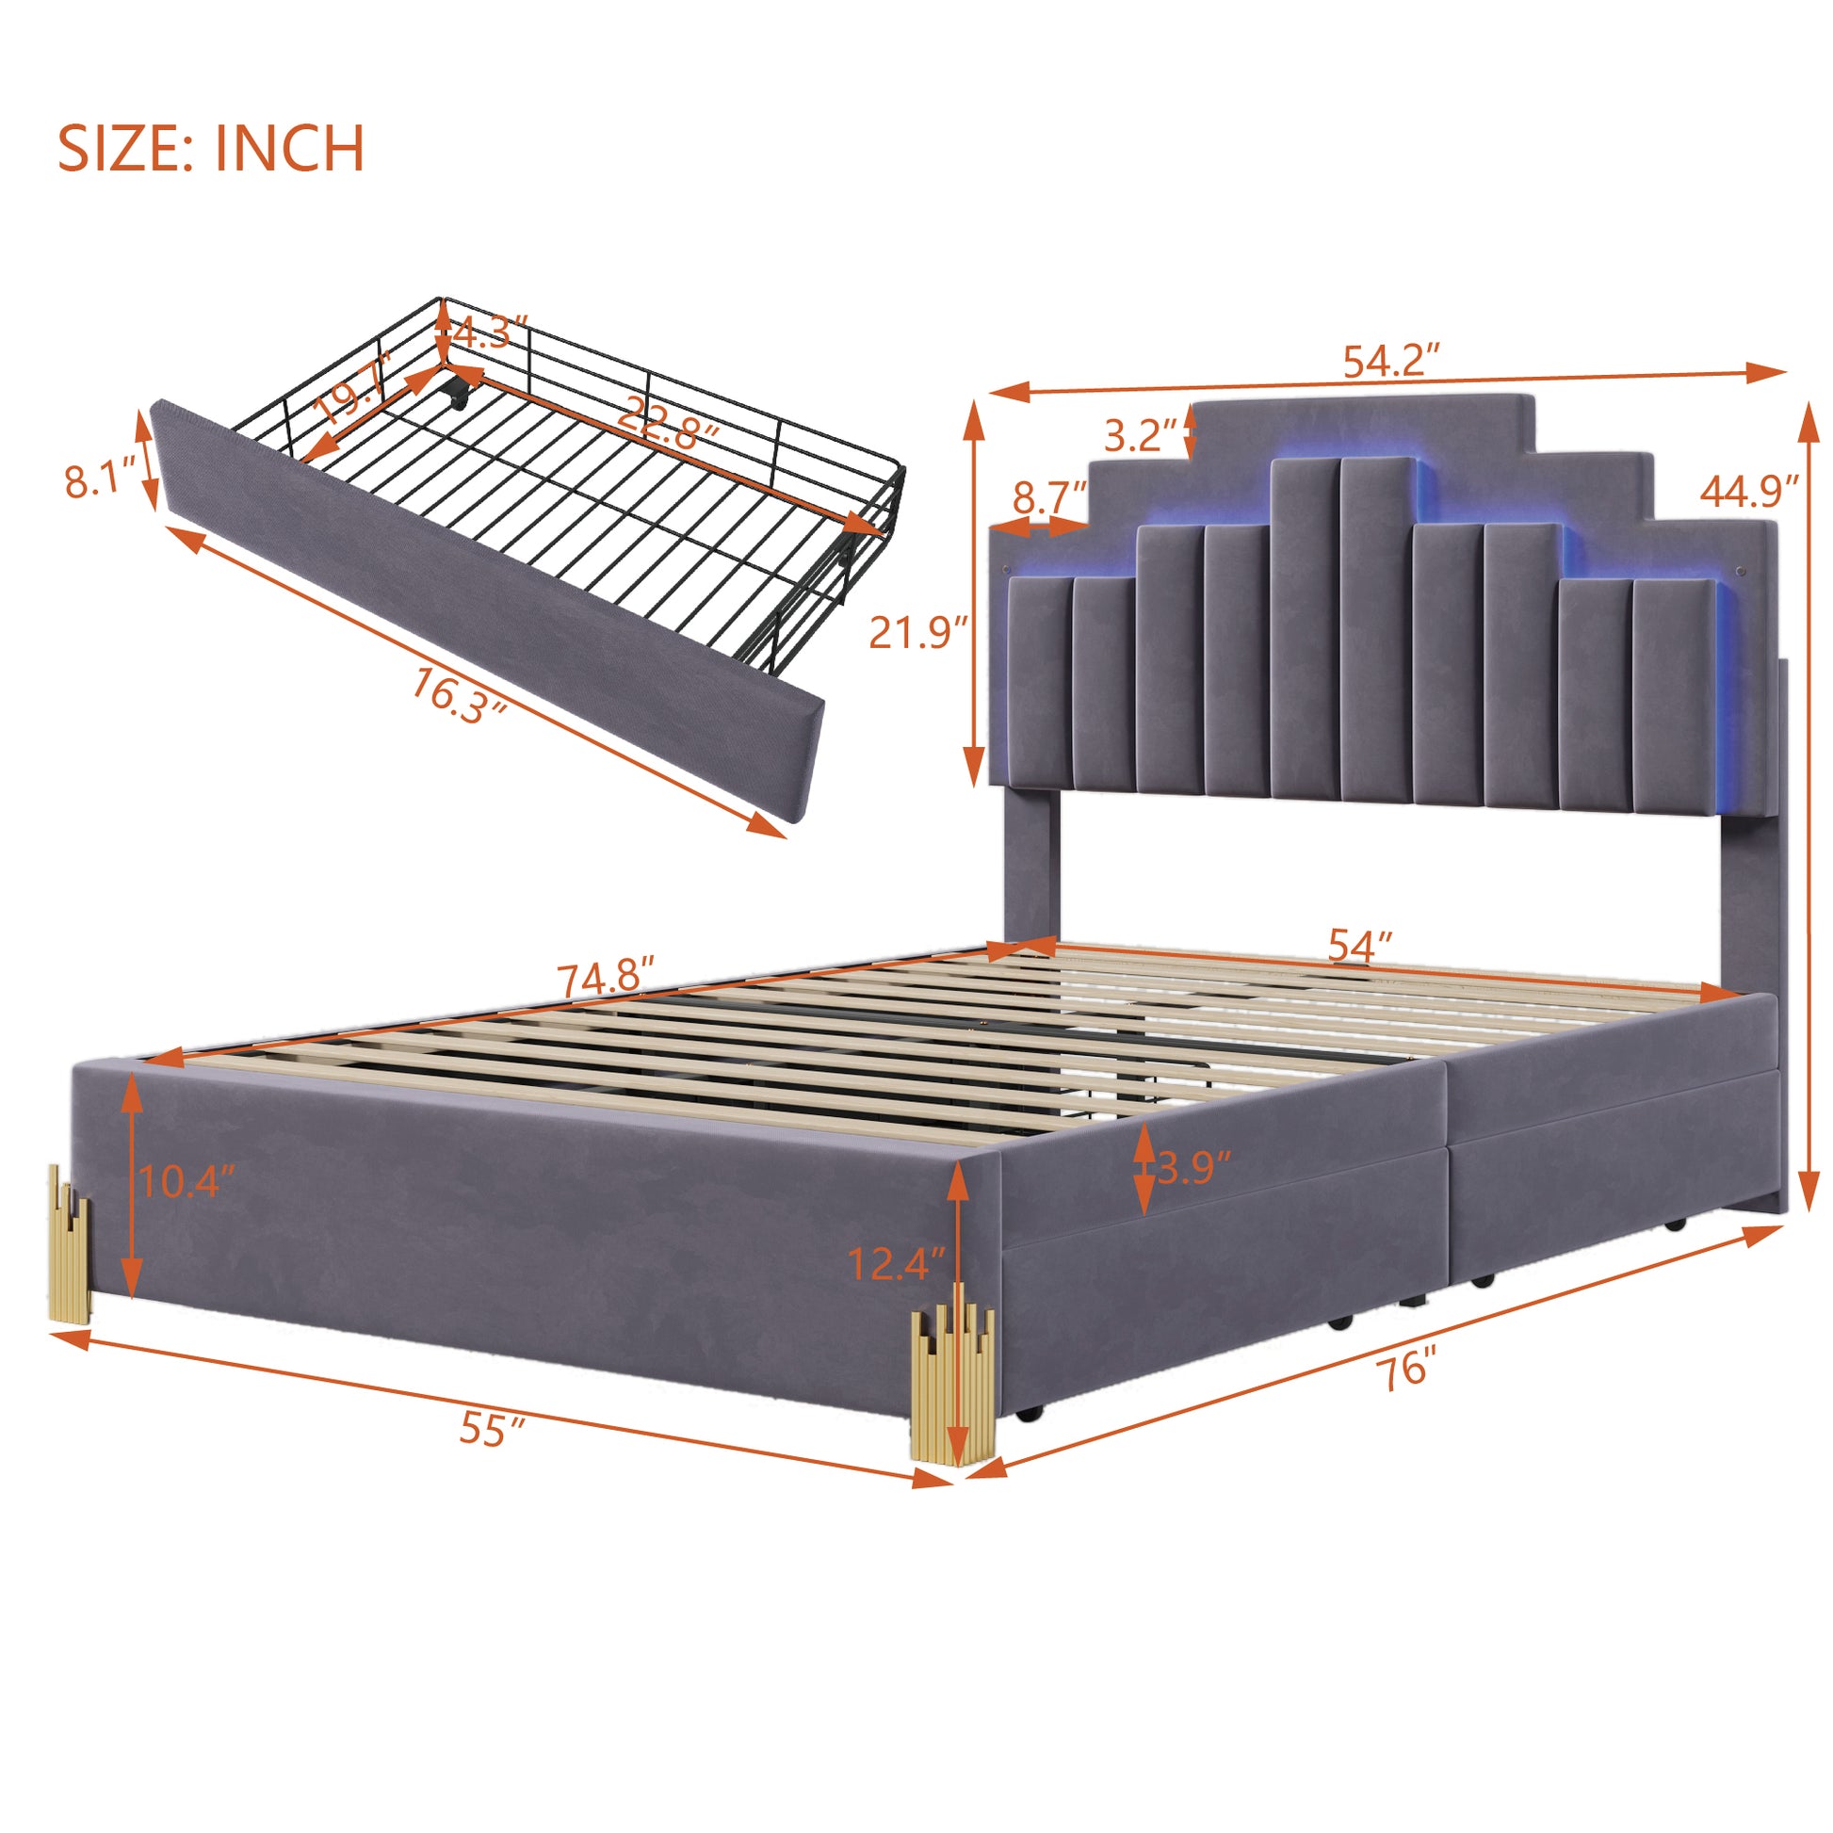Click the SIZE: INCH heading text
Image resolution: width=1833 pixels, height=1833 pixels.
coord(211,148)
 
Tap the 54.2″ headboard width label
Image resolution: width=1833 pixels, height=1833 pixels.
coord(1391,362)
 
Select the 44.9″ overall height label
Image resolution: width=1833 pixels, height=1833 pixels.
coord(1748,492)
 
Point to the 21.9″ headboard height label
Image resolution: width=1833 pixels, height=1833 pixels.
coord(917,632)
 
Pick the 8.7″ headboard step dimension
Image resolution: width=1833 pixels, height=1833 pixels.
coord(1049,497)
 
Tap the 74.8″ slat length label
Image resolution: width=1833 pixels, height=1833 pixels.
coord(606,977)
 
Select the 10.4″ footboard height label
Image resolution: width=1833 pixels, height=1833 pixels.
coord(187,1182)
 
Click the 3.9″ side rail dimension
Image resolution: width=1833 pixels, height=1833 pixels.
coord(1192,1168)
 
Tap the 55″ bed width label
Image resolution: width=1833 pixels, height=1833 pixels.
coord(492,1429)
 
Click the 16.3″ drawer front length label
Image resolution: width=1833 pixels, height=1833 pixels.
coord(457,695)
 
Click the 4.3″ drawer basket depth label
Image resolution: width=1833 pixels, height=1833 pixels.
coord(490,333)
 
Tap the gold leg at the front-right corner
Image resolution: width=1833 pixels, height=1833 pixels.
coord(951,1385)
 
